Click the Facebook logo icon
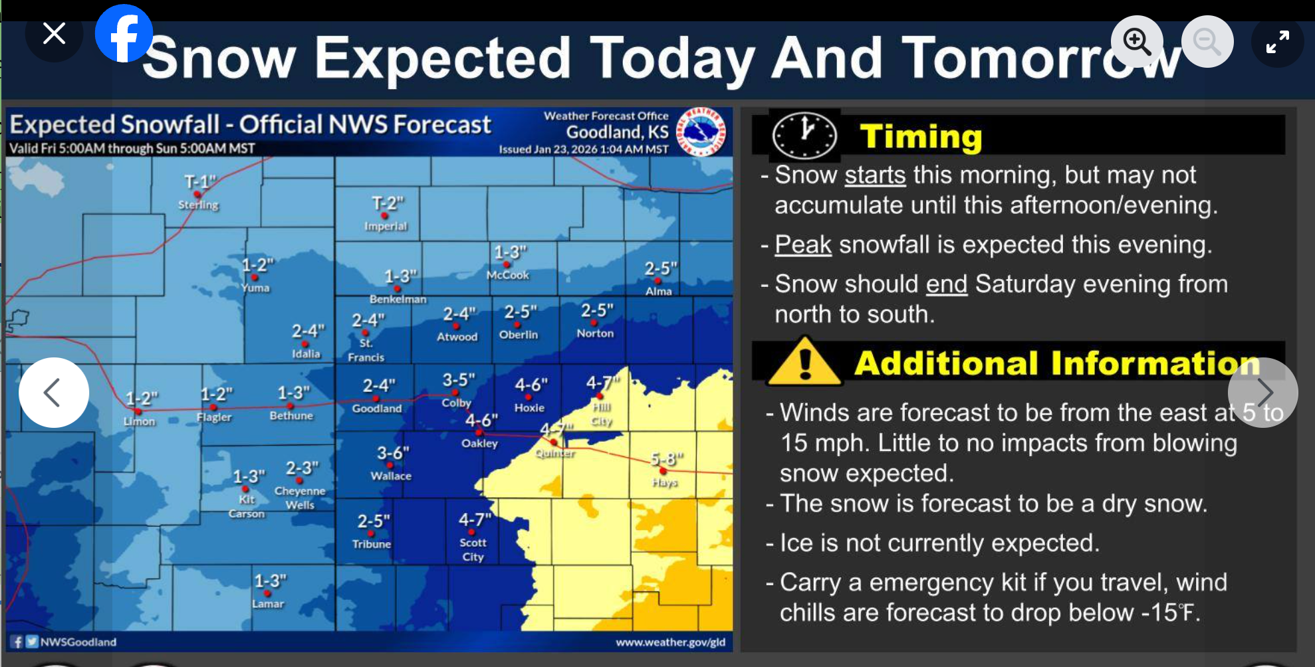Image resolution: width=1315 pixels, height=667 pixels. point(124,34)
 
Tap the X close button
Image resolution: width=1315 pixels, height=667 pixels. point(54,33)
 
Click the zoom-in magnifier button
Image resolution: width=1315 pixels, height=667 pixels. point(1137,41)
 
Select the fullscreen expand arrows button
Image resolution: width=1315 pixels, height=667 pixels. point(1277,41)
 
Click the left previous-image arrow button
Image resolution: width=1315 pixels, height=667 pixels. point(53,392)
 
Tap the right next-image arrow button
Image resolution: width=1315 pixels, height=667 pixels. point(1262,392)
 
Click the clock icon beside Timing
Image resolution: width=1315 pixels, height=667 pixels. point(804,136)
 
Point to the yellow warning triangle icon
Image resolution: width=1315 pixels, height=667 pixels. point(804,363)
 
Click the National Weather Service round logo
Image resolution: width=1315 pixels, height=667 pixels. point(701,132)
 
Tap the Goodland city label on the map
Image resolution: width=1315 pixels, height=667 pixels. point(377,409)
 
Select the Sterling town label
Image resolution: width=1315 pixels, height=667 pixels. point(198,205)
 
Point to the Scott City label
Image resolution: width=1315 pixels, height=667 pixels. point(473,549)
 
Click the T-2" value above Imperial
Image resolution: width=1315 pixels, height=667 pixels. point(388,203)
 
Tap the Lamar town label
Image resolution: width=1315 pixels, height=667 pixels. point(268,604)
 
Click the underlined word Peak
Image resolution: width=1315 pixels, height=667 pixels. point(803,244)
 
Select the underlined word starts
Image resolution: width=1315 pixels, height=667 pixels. point(875,175)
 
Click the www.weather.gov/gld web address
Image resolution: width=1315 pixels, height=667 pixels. point(670,642)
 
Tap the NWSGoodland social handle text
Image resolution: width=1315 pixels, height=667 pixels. point(78,642)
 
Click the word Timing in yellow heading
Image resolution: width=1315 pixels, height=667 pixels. point(921,136)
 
